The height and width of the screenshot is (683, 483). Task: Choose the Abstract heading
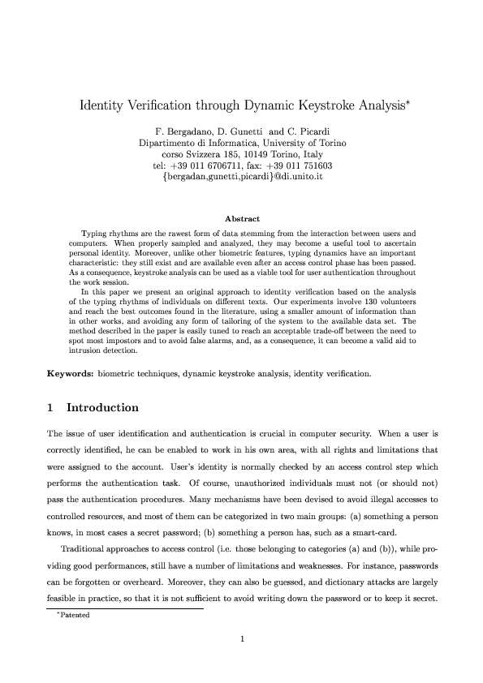(241, 219)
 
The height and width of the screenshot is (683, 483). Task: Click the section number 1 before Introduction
(50, 407)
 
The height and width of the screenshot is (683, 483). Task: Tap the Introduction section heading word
(102, 407)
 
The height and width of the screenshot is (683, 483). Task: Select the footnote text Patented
(73, 615)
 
